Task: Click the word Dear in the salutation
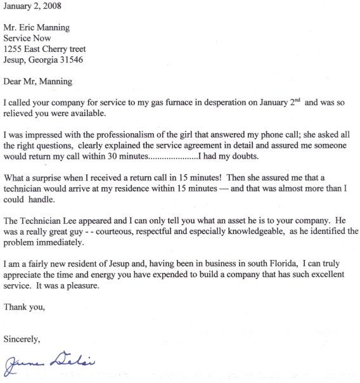14,82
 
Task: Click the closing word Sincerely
22,340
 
